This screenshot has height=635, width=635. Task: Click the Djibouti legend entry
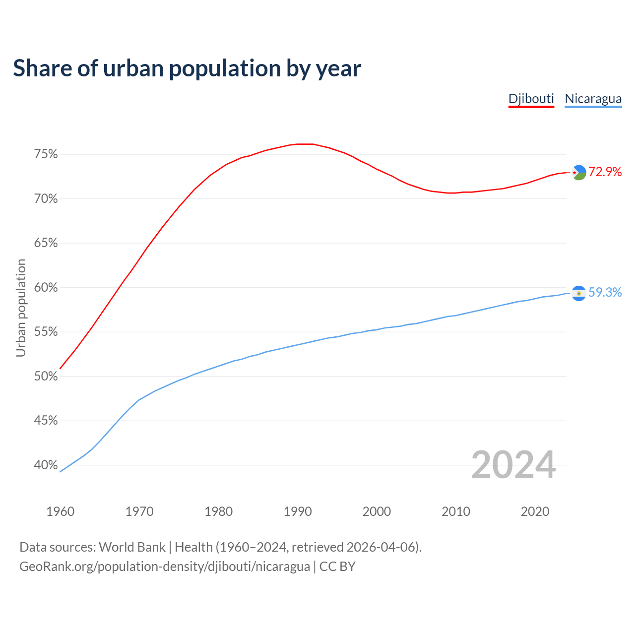tap(531, 99)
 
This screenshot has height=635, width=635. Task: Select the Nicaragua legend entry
tap(593, 99)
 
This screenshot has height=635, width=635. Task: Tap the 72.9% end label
tap(605, 172)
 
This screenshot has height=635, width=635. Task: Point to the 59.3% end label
tap(605, 292)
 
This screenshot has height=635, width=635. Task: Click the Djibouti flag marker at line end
tap(579, 172)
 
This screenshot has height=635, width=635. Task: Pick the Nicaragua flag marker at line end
tap(579, 293)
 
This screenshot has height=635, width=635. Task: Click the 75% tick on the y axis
tap(46, 154)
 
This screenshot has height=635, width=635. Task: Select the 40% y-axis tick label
tap(46, 465)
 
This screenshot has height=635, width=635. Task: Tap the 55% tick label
tap(46, 332)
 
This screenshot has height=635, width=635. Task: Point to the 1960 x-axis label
tap(60, 511)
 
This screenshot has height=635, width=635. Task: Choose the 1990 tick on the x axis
tap(298, 511)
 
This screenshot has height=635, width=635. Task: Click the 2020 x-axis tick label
tap(535, 511)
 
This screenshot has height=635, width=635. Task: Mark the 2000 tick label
tap(377, 511)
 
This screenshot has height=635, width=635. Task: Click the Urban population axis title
tap(21, 308)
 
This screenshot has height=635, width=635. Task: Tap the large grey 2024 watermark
tap(513, 465)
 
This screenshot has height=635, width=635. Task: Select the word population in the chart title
tap(225, 69)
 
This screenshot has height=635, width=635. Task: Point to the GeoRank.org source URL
tap(164, 567)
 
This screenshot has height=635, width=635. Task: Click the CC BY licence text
tap(337, 567)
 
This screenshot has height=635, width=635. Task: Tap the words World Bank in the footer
tap(132, 547)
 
